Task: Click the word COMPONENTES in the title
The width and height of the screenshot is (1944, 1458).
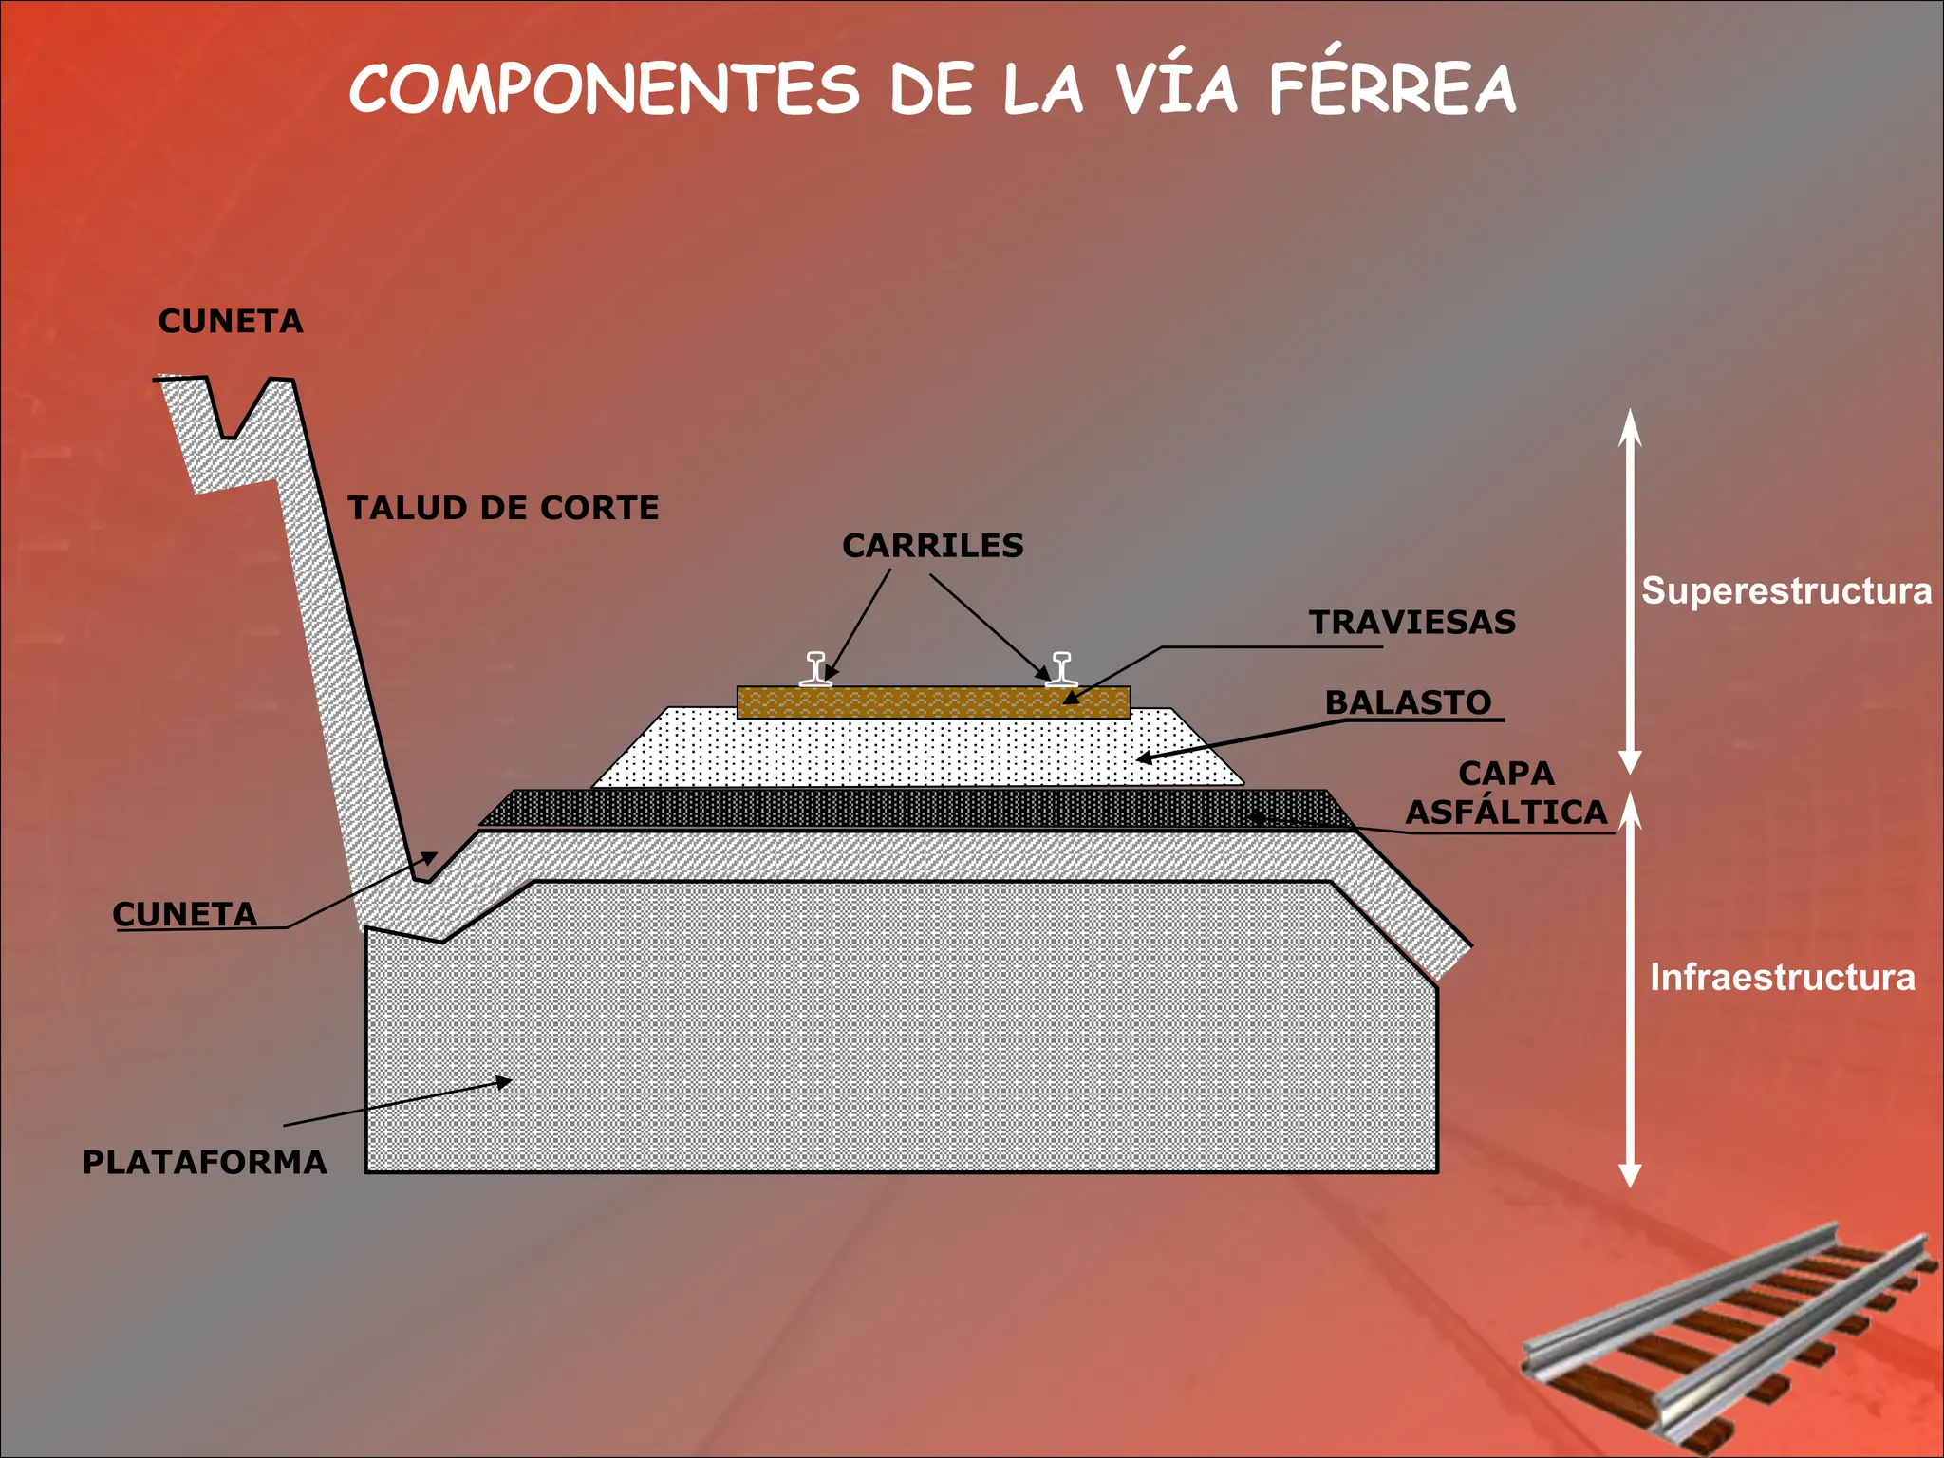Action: pos(605,89)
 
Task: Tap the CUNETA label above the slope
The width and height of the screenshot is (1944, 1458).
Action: pos(231,322)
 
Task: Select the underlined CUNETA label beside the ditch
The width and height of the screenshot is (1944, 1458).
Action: pos(185,914)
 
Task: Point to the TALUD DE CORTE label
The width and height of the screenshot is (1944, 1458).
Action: pos(503,508)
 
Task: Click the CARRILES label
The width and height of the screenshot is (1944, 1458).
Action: pos(933,546)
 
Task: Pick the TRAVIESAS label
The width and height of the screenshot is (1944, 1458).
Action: pos(1412,623)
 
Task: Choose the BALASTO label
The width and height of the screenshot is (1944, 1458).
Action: pos(1409,702)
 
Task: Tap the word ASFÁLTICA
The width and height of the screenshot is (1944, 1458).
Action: pos(1506,813)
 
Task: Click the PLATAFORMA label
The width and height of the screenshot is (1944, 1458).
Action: pos(205,1162)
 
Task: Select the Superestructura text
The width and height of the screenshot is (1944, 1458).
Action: pos(1786,591)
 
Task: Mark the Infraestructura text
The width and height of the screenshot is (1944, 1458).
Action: pos(1783,978)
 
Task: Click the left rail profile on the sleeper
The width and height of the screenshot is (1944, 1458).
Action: pos(816,668)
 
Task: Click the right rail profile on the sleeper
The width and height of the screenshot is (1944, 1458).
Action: pos(1061,668)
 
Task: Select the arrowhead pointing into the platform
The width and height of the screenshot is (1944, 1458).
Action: pos(501,1082)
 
